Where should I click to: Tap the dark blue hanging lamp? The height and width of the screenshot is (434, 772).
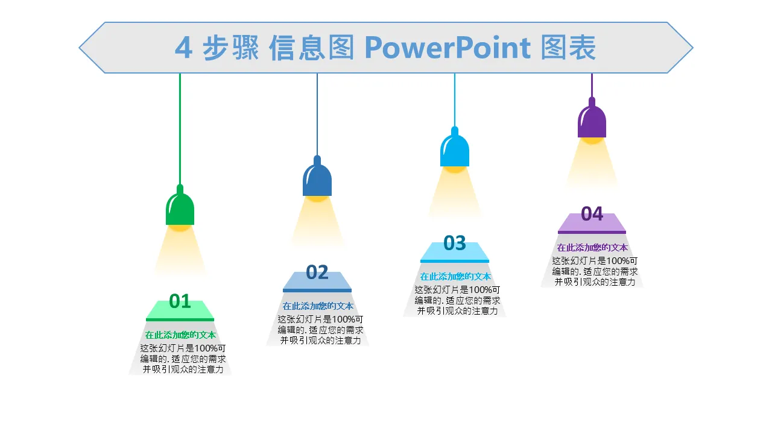tap(317, 178)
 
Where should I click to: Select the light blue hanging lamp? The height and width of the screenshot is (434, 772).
tap(455, 149)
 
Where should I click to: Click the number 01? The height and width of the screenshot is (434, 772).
tap(180, 301)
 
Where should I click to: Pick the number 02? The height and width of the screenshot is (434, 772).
tap(317, 272)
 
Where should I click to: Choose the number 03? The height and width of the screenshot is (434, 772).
tap(455, 243)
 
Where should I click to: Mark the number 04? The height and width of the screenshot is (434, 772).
tap(592, 214)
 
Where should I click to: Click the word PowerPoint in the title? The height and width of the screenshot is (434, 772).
tap(447, 48)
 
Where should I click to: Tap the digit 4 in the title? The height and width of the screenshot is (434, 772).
tap(183, 48)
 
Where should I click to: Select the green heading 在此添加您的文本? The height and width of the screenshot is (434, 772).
tap(180, 335)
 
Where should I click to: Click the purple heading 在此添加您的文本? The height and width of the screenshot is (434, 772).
tap(592, 248)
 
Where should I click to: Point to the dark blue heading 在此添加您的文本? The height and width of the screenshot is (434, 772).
tap(318, 306)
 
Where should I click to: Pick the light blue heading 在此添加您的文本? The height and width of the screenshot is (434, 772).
tap(455, 277)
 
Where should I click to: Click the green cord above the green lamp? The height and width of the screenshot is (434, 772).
tap(180, 127)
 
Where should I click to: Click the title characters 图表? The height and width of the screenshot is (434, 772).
tap(568, 48)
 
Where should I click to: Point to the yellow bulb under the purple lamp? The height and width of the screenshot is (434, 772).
tap(592, 140)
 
